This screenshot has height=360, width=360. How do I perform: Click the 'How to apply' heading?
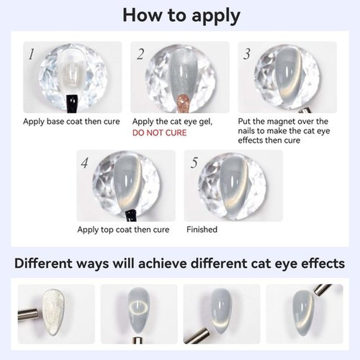181,16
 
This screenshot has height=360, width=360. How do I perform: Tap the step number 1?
31,54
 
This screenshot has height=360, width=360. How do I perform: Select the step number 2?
140,54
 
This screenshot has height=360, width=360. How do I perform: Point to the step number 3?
247,54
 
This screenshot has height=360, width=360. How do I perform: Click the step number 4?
85,163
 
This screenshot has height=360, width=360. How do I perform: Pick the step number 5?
194,163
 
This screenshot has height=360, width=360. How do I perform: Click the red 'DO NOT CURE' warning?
159,133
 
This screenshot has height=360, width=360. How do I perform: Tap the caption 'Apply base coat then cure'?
72,121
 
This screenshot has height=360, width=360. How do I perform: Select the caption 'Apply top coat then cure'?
123,229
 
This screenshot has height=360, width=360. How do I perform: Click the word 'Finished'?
202,229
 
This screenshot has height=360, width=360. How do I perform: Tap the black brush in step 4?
131,216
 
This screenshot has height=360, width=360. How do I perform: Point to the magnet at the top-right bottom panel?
322,289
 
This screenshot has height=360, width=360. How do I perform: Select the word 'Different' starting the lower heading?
43,263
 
